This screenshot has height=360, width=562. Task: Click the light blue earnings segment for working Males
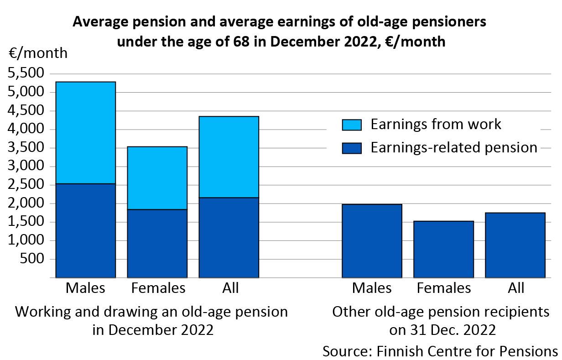85,133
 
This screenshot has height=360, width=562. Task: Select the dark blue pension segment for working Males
85,230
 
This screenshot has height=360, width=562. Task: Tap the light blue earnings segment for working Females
157,178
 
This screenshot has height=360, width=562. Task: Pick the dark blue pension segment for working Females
157,243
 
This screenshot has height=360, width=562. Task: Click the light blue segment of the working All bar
229,157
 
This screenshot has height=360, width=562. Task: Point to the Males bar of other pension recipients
372,240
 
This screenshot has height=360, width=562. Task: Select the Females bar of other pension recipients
443,249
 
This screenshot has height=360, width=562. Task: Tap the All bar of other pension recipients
515,245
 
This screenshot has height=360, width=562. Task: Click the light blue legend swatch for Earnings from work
351,125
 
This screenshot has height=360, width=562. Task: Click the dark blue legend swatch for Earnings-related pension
351,148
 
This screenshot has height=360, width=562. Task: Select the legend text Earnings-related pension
453,147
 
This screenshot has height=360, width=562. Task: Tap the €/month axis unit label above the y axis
38,53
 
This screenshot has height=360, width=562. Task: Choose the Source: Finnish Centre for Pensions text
440,351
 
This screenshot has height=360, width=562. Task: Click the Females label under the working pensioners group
158,288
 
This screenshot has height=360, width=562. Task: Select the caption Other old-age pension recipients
441,312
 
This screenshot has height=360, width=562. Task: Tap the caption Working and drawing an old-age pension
152,312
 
